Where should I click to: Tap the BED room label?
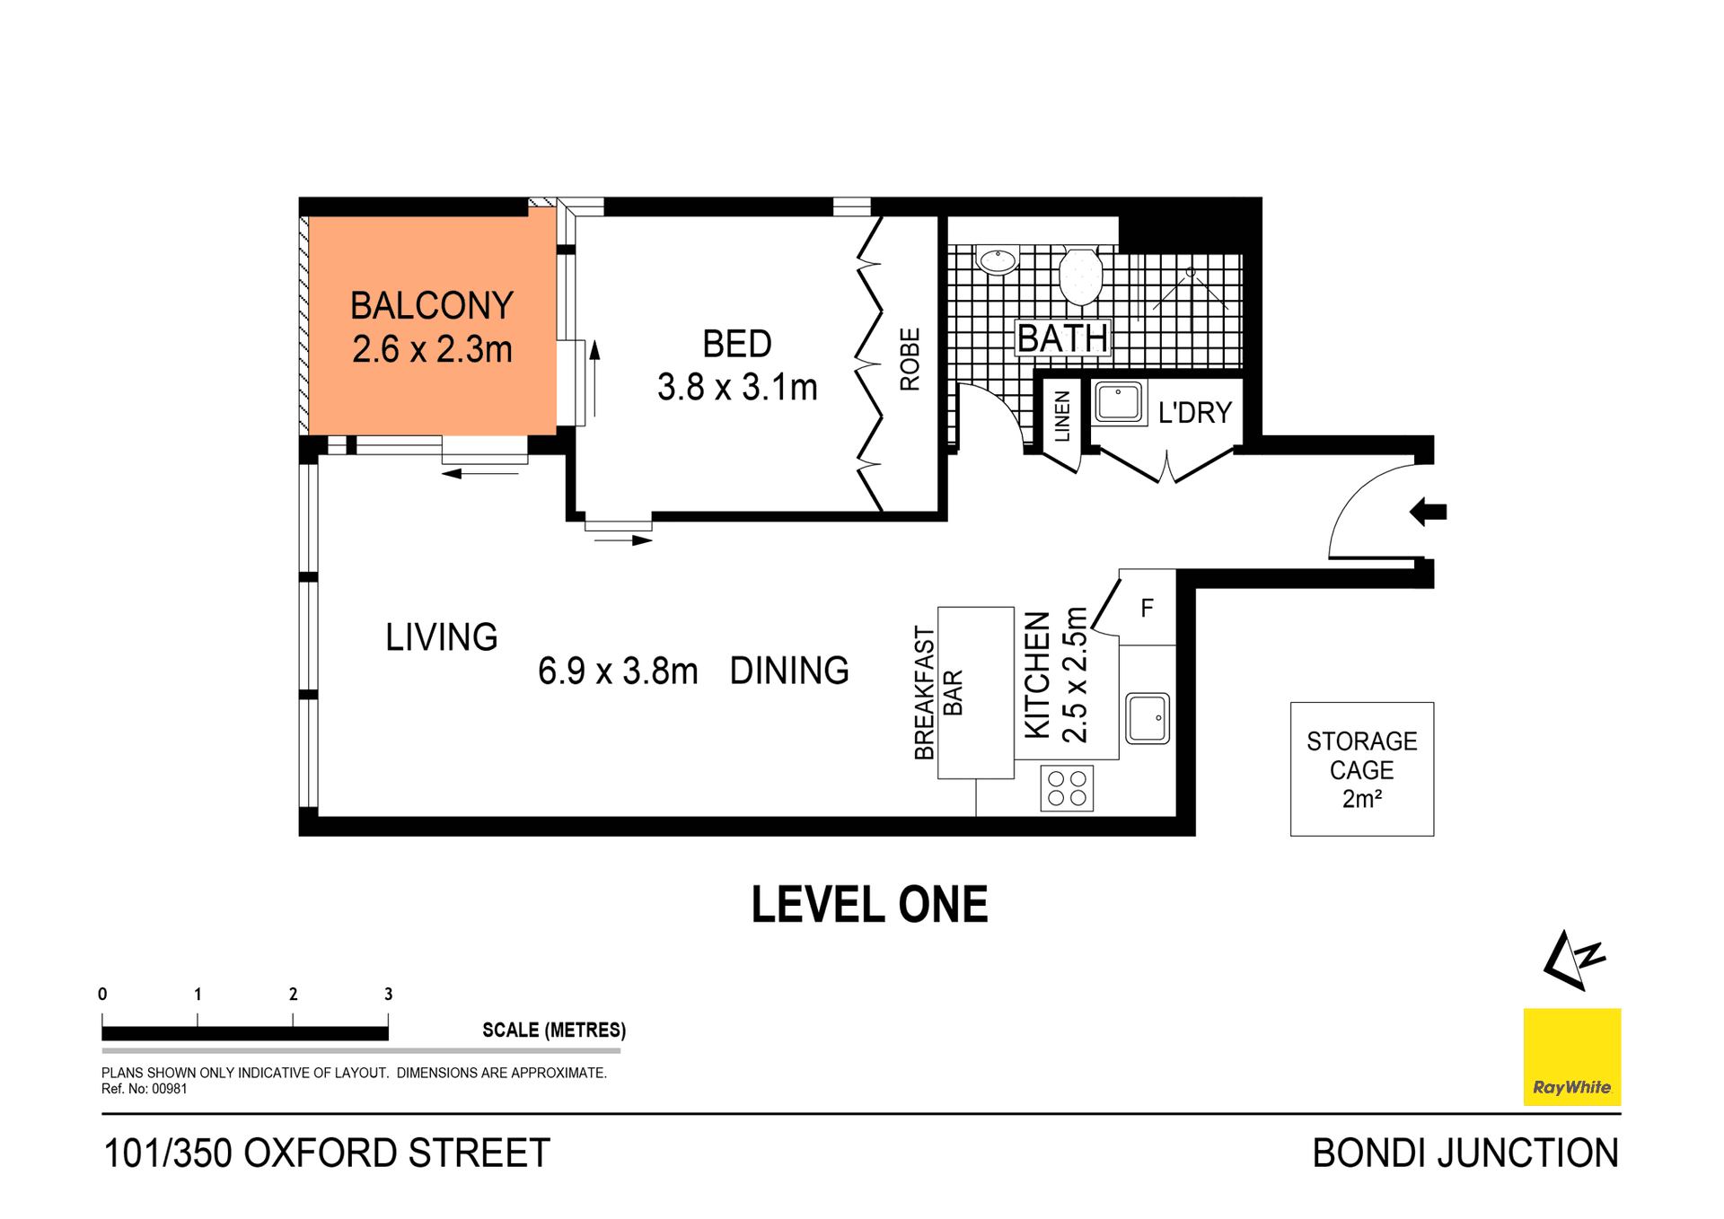click(736, 344)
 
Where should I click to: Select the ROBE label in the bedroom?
click(910, 359)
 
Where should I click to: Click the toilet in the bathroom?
click(1080, 276)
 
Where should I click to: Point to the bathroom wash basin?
click(997, 261)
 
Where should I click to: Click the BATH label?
click(1062, 339)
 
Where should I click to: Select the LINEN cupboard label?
click(1062, 417)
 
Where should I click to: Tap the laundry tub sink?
click(1119, 403)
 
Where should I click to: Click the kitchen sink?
click(1148, 718)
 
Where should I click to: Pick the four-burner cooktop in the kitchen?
click(1067, 789)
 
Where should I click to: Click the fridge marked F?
click(1147, 609)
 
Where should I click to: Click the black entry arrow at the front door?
click(1428, 513)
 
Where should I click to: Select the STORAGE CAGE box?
click(1361, 769)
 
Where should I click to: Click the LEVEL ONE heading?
click(869, 905)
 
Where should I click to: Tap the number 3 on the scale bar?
click(388, 994)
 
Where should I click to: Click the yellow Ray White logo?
click(1571, 1057)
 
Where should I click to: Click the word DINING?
click(788, 671)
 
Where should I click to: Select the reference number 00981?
click(169, 1089)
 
